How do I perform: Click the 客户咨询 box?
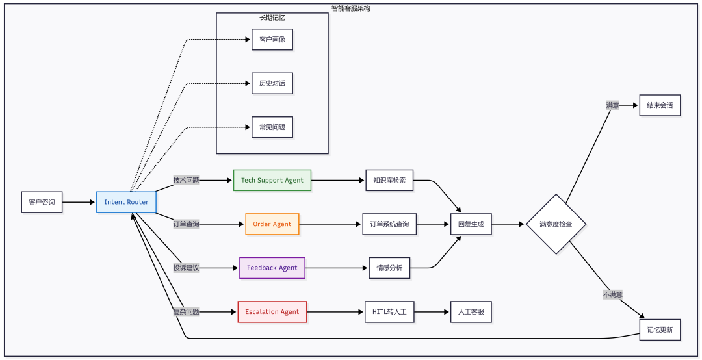click(42, 202)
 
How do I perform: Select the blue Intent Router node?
click(126, 202)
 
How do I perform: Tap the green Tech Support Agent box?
click(272, 181)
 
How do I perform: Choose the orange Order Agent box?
click(272, 224)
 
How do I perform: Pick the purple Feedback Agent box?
click(272, 268)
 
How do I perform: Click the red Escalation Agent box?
click(272, 312)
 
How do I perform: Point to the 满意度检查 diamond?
click(556, 224)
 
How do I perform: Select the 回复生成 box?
click(471, 224)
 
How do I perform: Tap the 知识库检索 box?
click(389, 181)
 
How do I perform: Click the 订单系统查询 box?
click(389, 224)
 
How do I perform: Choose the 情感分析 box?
click(389, 268)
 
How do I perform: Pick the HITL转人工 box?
click(389, 312)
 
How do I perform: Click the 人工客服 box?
click(471, 312)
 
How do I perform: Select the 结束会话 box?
click(660, 105)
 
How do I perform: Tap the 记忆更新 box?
click(660, 329)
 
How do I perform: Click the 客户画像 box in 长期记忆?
click(272, 40)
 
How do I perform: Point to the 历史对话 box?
click(272, 83)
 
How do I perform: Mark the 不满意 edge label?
click(613, 294)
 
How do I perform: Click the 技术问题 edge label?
click(187, 181)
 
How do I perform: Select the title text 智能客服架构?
click(351, 8)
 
